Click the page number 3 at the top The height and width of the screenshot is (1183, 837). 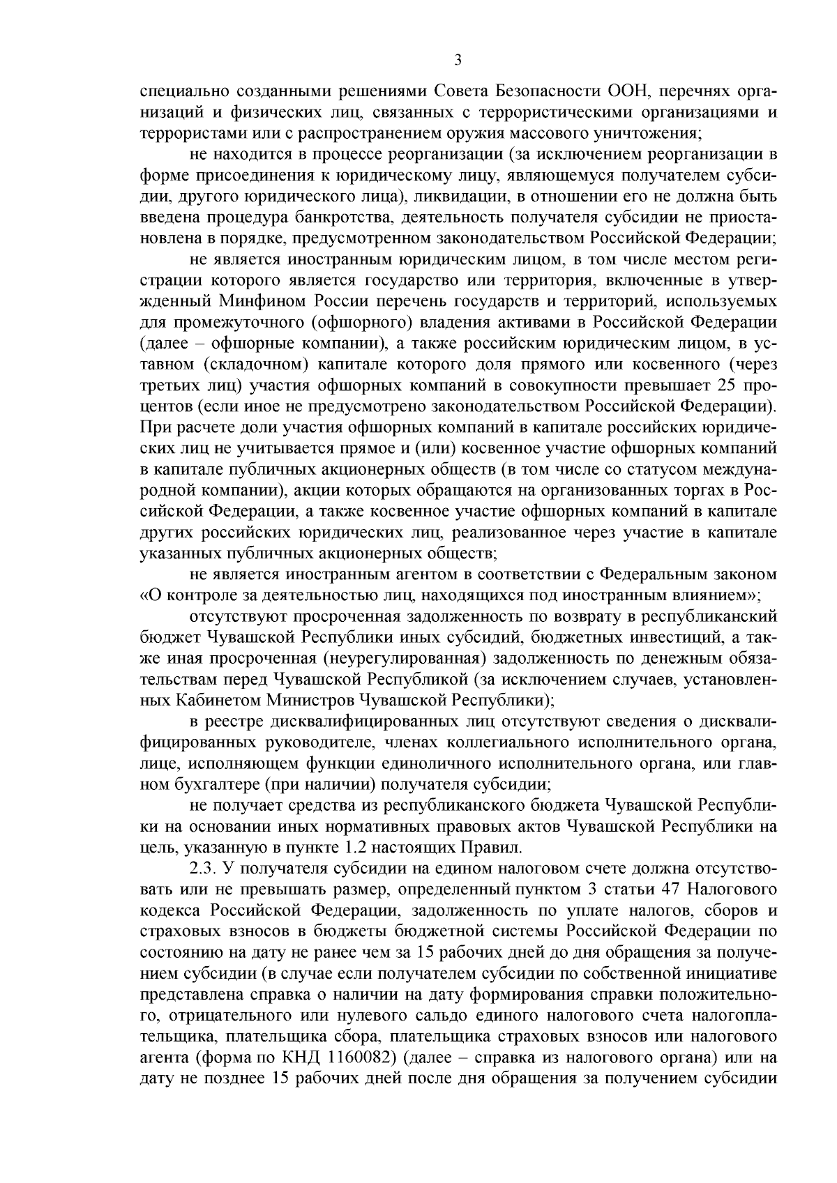458,60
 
